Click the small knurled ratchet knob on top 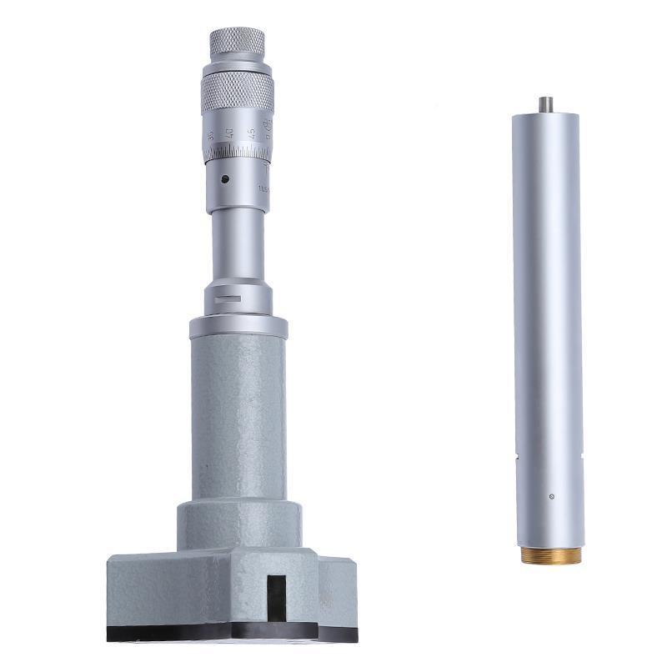[237, 42]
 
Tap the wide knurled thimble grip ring [238, 92]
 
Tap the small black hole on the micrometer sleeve [224, 178]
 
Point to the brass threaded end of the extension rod [551, 555]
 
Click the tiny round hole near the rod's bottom [551, 498]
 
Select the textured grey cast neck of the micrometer [238, 417]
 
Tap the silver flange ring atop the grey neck [238, 326]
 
